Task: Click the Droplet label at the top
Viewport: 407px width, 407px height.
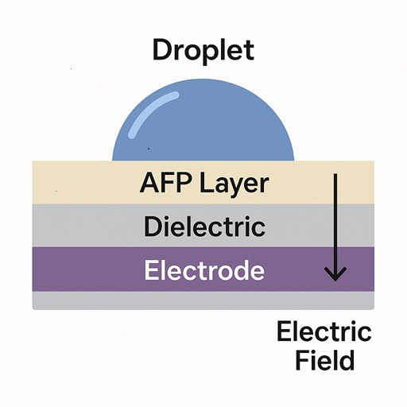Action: click(203, 51)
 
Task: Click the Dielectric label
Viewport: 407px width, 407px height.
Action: click(203, 227)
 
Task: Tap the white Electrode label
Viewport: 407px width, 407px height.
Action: click(203, 270)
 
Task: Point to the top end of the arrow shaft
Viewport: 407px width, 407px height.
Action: click(335, 175)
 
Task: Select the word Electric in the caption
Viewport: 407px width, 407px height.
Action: click(324, 331)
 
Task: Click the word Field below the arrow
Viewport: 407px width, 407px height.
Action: click(324, 360)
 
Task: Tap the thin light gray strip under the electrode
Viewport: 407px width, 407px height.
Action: click(203, 300)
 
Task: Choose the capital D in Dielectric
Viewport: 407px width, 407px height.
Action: click(152, 227)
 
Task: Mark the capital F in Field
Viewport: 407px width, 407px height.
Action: click(300, 360)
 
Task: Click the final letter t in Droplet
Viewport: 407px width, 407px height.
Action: click(248, 51)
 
